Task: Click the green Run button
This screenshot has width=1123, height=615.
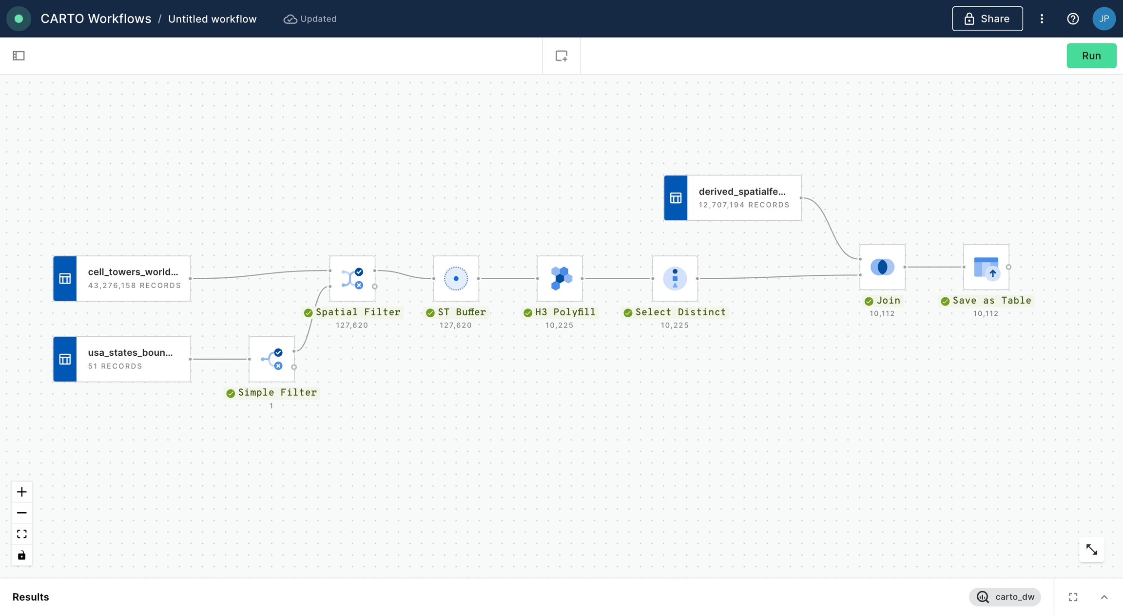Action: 1091,56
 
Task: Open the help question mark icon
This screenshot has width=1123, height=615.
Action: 1073,19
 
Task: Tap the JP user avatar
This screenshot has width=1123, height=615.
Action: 1104,19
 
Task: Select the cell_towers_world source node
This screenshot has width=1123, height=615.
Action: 122,278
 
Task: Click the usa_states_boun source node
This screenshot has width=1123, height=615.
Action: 122,359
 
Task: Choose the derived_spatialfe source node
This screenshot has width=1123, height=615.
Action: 733,198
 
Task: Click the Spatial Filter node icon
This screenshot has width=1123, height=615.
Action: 352,278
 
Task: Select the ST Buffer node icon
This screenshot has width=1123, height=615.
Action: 456,278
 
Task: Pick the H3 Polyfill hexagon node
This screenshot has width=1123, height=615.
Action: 560,278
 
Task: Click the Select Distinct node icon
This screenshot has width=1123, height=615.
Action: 675,278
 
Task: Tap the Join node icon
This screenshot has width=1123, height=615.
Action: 882,267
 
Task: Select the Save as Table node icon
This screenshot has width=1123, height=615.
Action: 986,267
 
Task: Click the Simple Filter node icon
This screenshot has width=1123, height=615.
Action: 271,359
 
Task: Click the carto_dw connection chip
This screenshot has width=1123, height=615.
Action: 1005,597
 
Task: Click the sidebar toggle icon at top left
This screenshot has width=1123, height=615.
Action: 19,56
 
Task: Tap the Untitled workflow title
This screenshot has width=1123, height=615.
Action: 212,19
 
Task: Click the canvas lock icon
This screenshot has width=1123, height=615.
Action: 21,555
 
